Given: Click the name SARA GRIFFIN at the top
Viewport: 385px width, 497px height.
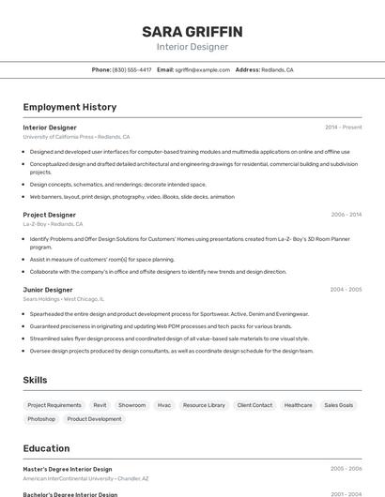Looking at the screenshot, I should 192,31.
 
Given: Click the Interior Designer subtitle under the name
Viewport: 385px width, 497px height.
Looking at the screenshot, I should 192,46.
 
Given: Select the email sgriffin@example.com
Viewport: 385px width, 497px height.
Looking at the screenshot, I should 202,69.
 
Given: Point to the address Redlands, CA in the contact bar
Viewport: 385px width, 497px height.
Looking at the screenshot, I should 277,69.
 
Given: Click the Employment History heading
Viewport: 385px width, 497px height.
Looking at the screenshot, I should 69,107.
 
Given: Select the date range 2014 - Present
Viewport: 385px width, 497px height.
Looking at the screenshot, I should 343,127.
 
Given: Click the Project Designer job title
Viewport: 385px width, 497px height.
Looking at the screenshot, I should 50,215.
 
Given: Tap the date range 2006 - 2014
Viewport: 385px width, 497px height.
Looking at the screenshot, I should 346,215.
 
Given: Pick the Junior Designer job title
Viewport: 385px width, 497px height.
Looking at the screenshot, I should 48,290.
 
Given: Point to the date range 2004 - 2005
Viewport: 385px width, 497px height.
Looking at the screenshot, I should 346,290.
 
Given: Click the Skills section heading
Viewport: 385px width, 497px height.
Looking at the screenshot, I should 36,380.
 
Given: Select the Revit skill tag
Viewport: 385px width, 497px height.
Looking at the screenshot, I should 100,405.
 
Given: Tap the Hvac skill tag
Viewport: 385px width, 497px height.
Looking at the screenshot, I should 164,405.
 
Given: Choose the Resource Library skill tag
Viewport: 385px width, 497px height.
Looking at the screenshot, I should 204,405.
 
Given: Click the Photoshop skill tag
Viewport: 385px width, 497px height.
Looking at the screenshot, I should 41,419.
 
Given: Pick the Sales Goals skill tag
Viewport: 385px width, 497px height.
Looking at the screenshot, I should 339,405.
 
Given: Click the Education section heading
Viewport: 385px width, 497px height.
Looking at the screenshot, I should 46,448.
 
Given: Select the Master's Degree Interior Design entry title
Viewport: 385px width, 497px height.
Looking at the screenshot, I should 68,469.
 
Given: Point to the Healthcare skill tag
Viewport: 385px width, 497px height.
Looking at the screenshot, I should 299,405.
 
